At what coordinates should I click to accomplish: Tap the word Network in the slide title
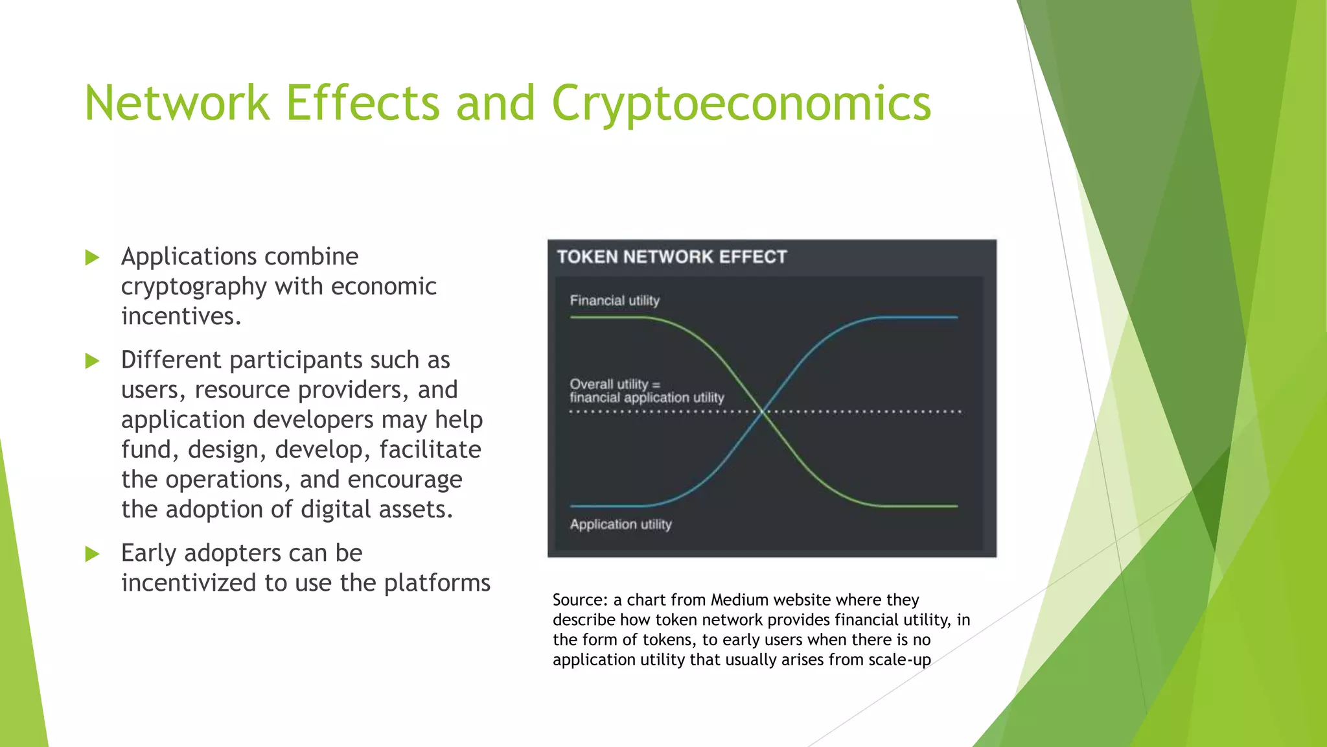click(x=176, y=104)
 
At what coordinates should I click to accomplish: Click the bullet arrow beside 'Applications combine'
click(x=92, y=257)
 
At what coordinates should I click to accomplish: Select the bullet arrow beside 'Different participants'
click(x=92, y=361)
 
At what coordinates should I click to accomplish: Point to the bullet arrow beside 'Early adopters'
click(x=92, y=554)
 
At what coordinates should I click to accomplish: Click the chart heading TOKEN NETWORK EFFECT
click(x=671, y=257)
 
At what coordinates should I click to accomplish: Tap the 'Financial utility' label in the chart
click(x=614, y=300)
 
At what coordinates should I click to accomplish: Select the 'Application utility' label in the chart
click(x=620, y=524)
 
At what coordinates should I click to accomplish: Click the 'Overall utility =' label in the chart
click(x=614, y=384)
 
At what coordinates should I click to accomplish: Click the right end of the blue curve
click(x=955, y=317)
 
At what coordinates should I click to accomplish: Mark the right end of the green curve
click(x=955, y=506)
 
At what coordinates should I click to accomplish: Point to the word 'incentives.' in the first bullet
click(x=181, y=316)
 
